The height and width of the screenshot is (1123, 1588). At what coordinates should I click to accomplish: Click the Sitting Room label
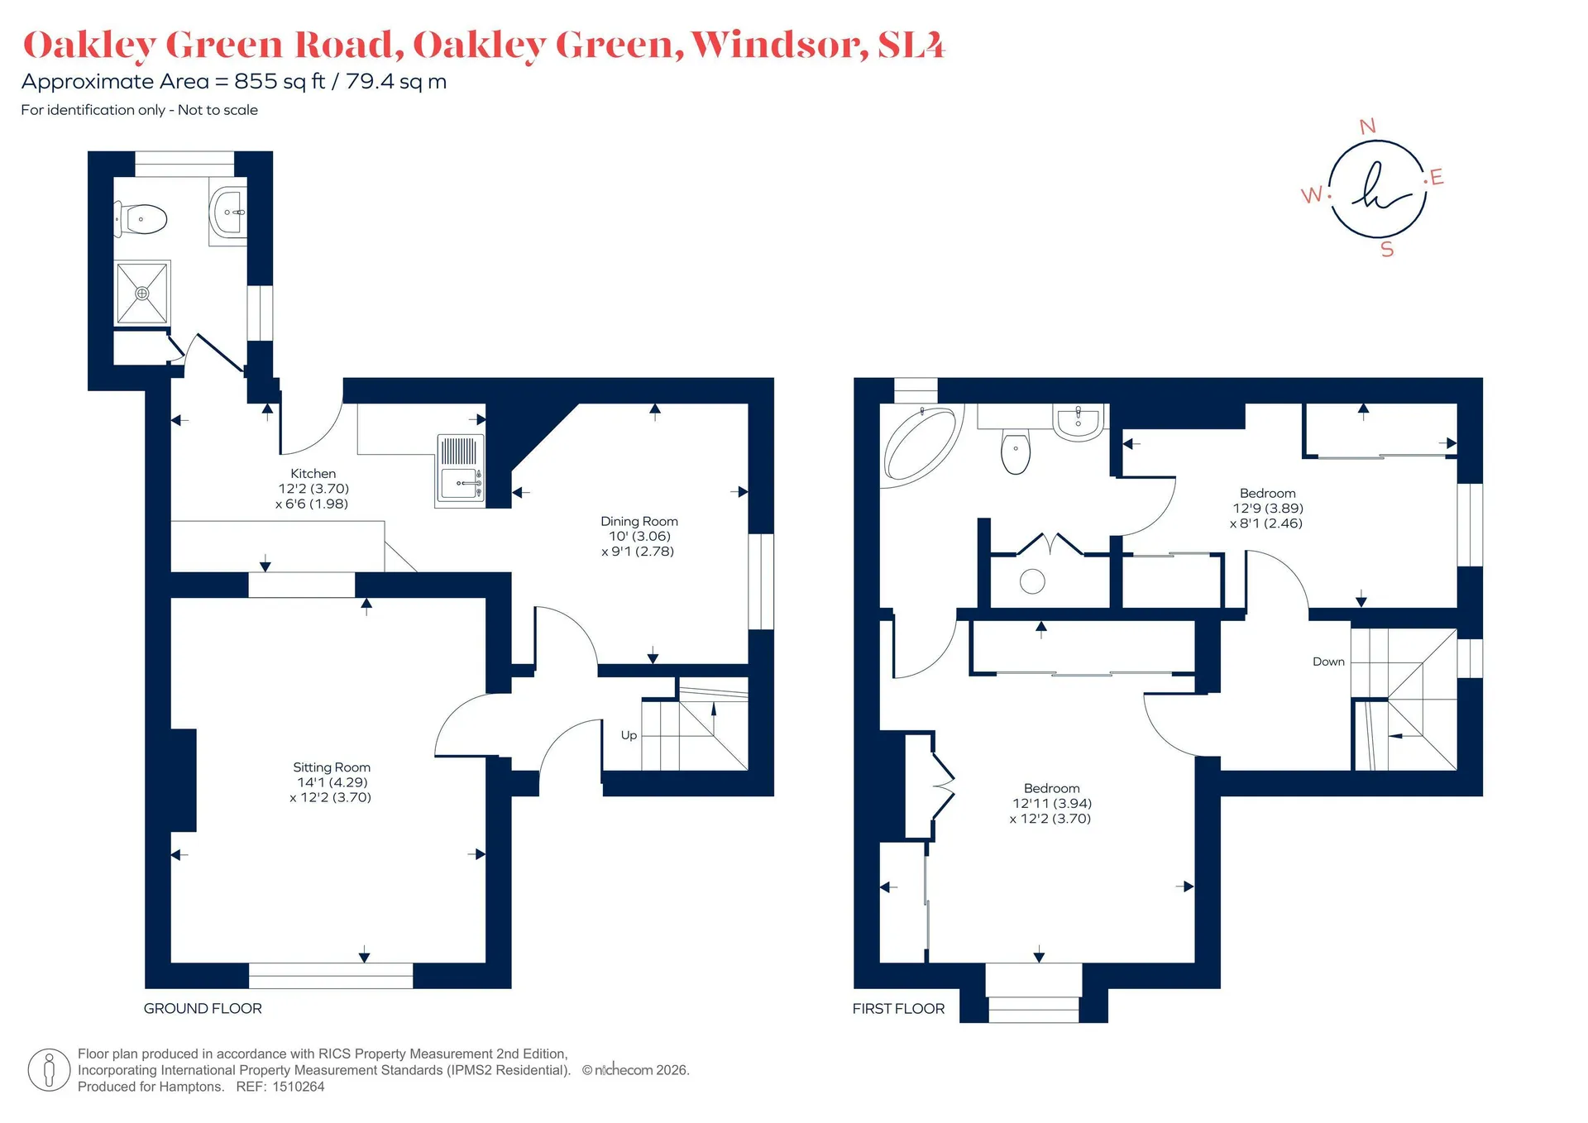tap(332, 767)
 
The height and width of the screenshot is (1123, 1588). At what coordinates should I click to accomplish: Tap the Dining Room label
tap(639, 521)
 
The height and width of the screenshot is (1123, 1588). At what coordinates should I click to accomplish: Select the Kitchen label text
tap(313, 473)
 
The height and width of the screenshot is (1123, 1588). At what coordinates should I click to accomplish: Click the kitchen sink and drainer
tap(460, 470)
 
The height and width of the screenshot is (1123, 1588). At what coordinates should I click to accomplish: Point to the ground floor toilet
tap(141, 219)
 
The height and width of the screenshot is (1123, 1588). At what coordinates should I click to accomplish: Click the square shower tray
tap(142, 293)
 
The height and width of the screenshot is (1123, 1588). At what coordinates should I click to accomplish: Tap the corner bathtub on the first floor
tap(921, 442)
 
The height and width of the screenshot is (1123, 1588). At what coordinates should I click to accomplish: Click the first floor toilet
tap(1016, 451)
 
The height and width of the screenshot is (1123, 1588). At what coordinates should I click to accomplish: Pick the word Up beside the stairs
tap(629, 735)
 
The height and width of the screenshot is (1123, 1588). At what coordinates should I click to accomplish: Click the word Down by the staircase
tap(1328, 662)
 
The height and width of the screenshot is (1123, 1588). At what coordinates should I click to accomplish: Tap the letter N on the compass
tap(1368, 127)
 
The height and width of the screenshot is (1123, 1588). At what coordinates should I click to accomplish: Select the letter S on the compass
tap(1387, 249)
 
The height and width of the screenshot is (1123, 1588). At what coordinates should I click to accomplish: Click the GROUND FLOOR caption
tap(203, 1008)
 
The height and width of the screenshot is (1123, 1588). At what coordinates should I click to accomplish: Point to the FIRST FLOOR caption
tap(898, 1008)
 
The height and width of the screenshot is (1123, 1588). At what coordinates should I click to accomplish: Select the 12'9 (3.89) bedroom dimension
tap(1268, 509)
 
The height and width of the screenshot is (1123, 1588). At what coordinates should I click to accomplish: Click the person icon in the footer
tap(49, 1070)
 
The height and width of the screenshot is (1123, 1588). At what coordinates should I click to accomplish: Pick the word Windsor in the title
tap(779, 45)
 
